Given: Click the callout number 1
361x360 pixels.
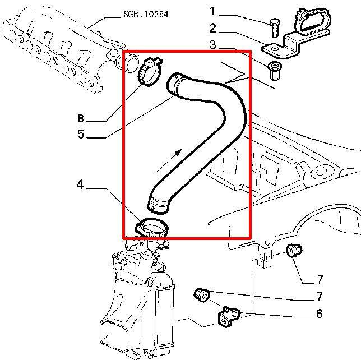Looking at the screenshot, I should pyautogui.click(x=213, y=11).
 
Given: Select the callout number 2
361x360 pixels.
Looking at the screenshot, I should pyautogui.click(x=213, y=28).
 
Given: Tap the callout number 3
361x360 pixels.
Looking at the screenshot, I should pyautogui.click(x=213, y=45).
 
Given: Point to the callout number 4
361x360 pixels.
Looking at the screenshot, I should pyautogui.click(x=80, y=184).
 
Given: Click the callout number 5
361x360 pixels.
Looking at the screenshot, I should pyautogui.click(x=80, y=135).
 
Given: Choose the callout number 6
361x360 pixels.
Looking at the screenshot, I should pyautogui.click(x=319, y=314).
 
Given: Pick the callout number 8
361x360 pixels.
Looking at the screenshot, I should pyautogui.click(x=80, y=118).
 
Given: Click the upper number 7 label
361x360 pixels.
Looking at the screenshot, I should pyautogui.click(x=319, y=280).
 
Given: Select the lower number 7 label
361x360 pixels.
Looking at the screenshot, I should pyautogui.click(x=319, y=297).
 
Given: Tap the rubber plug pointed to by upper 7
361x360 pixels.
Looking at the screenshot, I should pyautogui.click(x=293, y=251).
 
